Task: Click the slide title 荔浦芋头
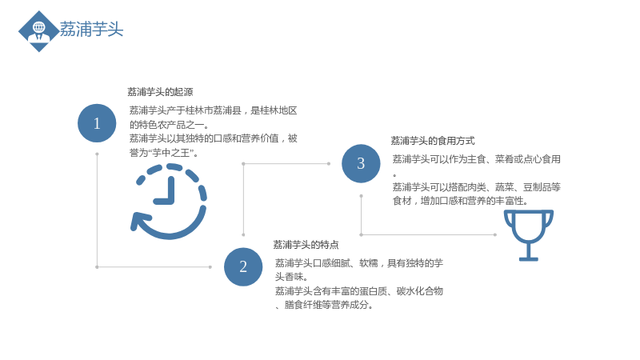coord(91,30)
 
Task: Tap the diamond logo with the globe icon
coord(38,31)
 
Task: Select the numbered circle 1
coord(97,123)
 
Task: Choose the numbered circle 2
coord(243,266)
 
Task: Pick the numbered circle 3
coord(361,163)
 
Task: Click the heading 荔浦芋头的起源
coord(160,92)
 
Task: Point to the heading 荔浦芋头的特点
coord(306,245)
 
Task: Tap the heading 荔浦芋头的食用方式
coord(433,141)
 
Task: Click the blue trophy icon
coord(529,235)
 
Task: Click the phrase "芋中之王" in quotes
coord(170,153)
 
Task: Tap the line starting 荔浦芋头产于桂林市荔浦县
coord(213,110)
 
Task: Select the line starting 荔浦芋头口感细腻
coord(358,263)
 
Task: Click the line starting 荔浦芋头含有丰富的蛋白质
coord(358,291)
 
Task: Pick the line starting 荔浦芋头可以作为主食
coord(476,159)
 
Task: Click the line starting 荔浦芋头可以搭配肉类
coord(476,187)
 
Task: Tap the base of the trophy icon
coord(529,258)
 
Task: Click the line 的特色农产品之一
coord(170,125)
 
